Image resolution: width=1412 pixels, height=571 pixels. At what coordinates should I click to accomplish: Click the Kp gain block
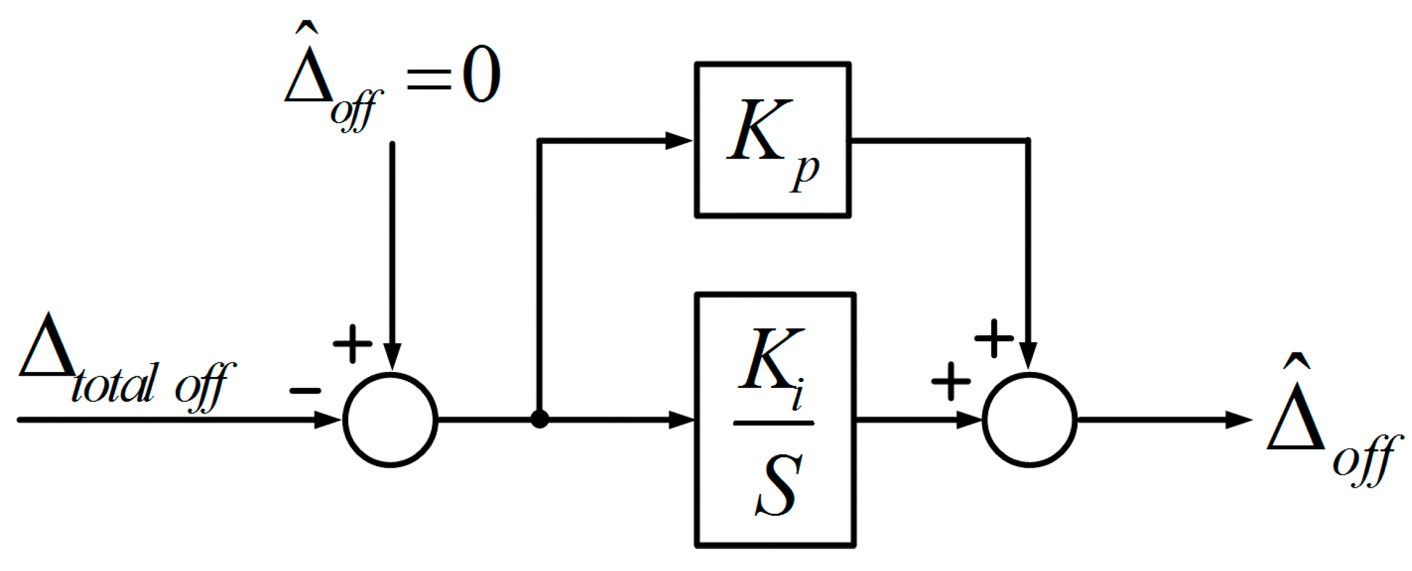pyautogui.click(x=772, y=140)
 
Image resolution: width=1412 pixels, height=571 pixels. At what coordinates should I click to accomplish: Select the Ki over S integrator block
pyautogui.click(x=775, y=420)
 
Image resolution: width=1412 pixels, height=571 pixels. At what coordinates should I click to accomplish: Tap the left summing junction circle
pyautogui.click(x=391, y=420)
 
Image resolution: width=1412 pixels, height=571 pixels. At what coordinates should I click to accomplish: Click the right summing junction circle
pyautogui.click(x=1029, y=420)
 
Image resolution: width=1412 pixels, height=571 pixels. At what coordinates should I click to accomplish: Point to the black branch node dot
pyautogui.click(x=539, y=420)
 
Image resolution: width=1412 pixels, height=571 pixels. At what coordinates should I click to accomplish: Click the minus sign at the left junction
pyautogui.click(x=305, y=390)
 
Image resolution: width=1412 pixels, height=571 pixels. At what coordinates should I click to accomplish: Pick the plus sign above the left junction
pyautogui.click(x=352, y=343)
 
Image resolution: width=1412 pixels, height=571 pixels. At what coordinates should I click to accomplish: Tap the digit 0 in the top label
pyautogui.click(x=481, y=75)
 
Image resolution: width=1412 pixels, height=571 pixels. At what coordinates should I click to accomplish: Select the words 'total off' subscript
pyautogui.click(x=152, y=386)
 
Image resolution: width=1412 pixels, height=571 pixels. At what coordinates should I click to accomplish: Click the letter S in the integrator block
pyautogui.click(x=778, y=487)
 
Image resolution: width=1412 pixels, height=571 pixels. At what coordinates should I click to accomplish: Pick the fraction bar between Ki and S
pyautogui.click(x=773, y=423)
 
